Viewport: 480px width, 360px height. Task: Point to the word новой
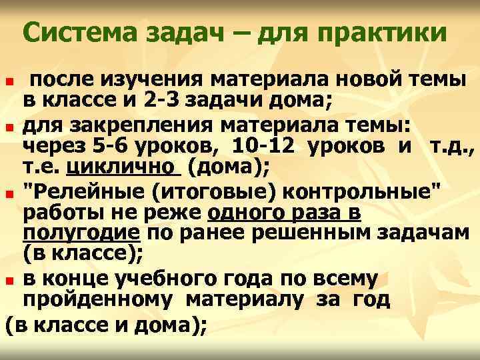point(374,81)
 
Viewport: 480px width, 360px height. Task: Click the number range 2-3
point(161,102)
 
